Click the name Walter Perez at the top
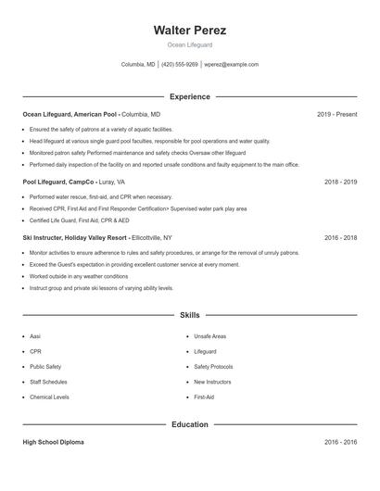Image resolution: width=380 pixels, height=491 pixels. click(x=189, y=31)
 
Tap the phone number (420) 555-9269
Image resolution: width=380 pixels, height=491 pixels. click(x=180, y=65)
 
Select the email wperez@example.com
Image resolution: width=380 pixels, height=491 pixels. click(x=232, y=65)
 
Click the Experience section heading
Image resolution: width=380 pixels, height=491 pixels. click(x=189, y=96)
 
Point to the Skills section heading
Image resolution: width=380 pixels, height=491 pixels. click(x=189, y=316)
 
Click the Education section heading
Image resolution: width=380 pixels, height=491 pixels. click(x=189, y=424)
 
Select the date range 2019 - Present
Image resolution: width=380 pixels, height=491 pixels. click(x=336, y=114)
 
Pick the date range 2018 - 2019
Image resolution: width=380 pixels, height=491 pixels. click(x=340, y=183)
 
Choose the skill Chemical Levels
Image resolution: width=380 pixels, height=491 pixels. click(x=49, y=397)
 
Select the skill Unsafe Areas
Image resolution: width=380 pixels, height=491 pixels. click(x=210, y=336)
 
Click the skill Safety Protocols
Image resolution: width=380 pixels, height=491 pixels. click(x=213, y=367)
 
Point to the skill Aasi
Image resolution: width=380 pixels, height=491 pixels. click(x=35, y=336)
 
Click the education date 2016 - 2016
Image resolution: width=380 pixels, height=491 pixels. click(x=340, y=443)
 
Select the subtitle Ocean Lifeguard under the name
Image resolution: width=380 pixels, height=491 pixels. click(x=189, y=44)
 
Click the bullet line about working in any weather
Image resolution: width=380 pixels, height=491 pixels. click(x=79, y=276)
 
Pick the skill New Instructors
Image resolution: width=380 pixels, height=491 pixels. click(x=212, y=382)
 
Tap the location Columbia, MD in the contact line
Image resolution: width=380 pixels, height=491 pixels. click(x=138, y=65)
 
